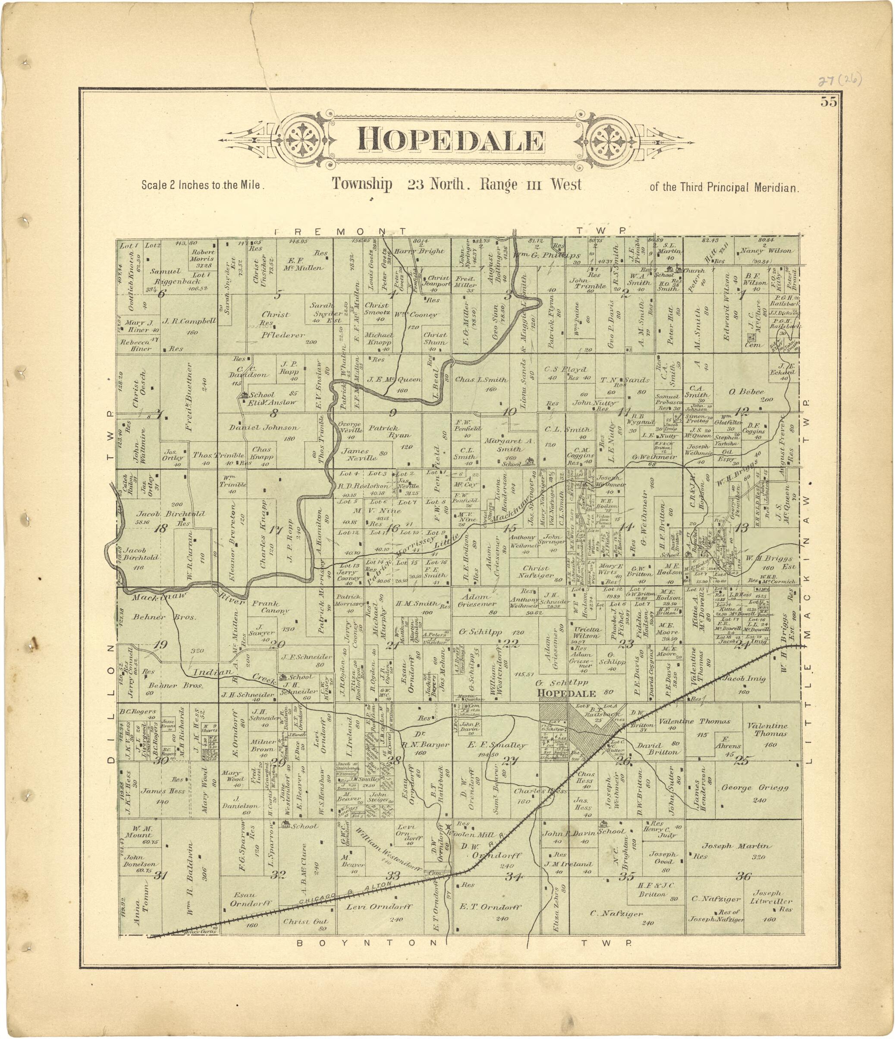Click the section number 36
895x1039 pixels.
pos(744,876)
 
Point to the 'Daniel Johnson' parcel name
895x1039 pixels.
pos(264,428)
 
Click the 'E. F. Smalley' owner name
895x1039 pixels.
pos(496,746)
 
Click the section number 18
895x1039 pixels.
pos(161,528)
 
